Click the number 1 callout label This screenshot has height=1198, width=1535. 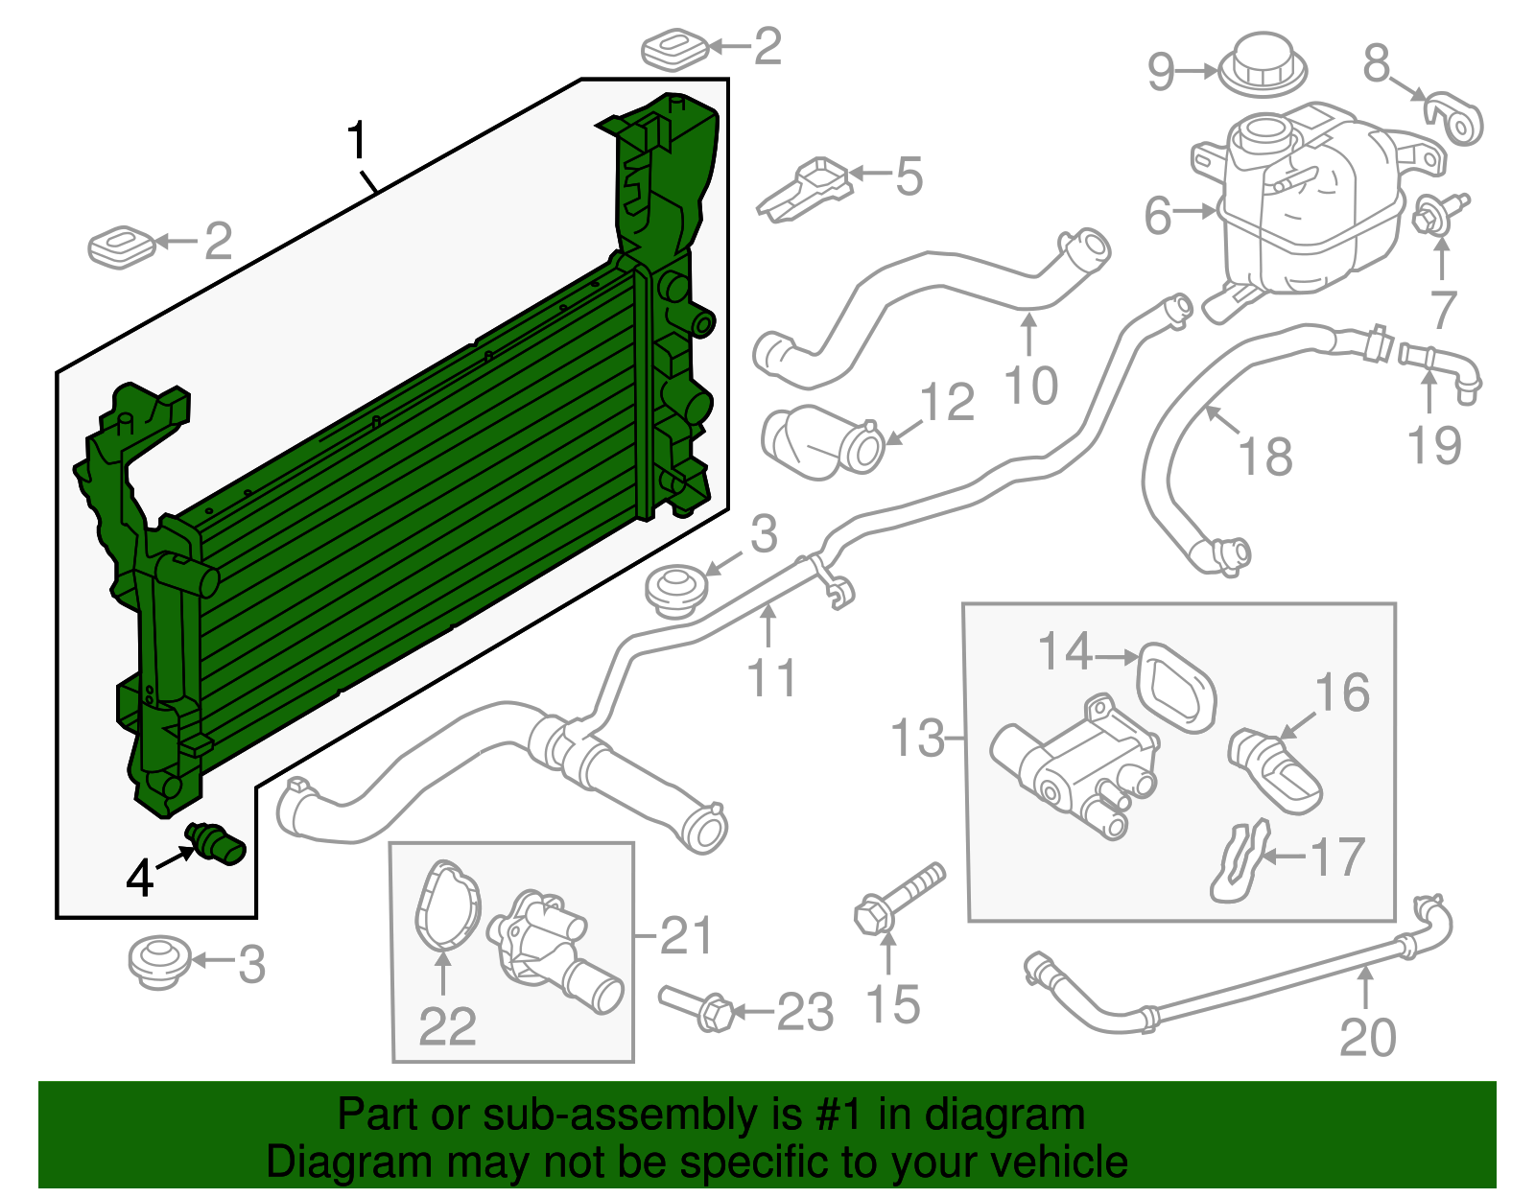tap(357, 141)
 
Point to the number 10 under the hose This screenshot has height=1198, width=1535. tap(1031, 386)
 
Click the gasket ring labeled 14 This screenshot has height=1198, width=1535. tap(1176, 687)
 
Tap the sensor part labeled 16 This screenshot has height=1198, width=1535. tap(1276, 772)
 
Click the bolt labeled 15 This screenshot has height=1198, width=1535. tap(898, 897)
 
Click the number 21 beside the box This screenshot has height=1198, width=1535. tap(687, 935)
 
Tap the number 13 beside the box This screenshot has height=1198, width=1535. tap(917, 738)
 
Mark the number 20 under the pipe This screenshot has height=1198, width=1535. tap(1367, 1037)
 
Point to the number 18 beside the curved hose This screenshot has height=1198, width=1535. tap(1265, 457)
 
